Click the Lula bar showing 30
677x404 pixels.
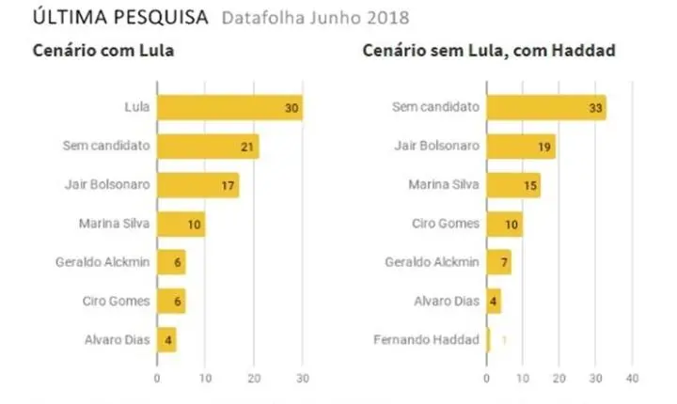click(x=229, y=107)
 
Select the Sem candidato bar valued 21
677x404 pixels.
click(x=208, y=147)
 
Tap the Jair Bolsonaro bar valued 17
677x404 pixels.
click(x=198, y=185)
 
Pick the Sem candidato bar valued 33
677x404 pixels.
click(x=546, y=107)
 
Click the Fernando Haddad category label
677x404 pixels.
click(x=427, y=340)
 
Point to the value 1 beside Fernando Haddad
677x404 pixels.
click(x=504, y=340)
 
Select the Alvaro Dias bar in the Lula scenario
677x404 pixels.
click(x=166, y=340)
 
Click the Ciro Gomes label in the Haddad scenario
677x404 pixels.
click(x=446, y=224)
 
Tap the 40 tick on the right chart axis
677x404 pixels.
click(x=632, y=379)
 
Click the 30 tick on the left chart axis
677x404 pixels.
click(x=303, y=379)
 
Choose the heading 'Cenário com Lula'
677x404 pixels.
click(x=103, y=51)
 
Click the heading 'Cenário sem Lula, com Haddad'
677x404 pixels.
click(x=489, y=51)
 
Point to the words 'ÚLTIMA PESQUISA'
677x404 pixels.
click(x=120, y=17)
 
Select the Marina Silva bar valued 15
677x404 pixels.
click(x=513, y=185)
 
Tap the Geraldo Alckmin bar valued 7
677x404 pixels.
click(x=499, y=262)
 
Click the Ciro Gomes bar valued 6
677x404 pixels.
click(x=171, y=301)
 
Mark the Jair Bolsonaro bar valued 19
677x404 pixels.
click(x=521, y=147)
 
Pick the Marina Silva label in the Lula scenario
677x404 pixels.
click(x=115, y=224)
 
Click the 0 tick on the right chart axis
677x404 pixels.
click(x=487, y=379)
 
